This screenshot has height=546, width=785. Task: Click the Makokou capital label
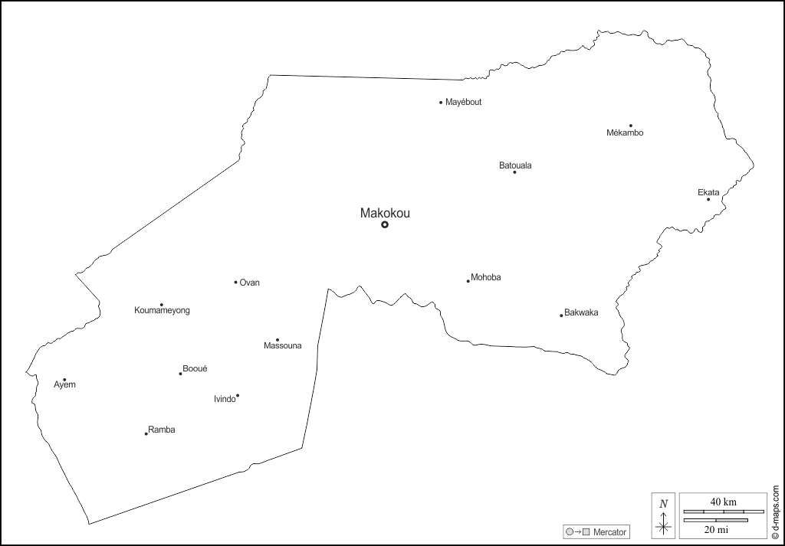click(x=385, y=214)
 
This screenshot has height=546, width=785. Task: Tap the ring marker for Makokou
click(x=385, y=224)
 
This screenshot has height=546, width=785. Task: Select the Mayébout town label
click(x=464, y=102)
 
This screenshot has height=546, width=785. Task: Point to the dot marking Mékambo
click(x=631, y=126)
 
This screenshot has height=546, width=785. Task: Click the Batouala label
click(x=515, y=165)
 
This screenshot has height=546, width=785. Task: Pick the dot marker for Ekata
click(x=708, y=200)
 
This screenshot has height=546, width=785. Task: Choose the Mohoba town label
click(x=486, y=277)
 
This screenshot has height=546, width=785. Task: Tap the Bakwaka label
click(x=581, y=312)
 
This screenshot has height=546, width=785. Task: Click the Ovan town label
click(x=250, y=283)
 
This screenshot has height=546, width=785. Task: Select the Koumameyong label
click(x=162, y=310)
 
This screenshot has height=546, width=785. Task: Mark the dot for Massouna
click(x=278, y=340)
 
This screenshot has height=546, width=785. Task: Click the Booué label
click(x=195, y=368)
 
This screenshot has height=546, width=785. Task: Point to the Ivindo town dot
click(x=238, y=396)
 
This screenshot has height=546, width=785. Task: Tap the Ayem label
click(x=64, y=385)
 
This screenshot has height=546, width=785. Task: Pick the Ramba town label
click(x=162, y=430)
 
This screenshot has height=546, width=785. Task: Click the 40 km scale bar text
click(x=723, y=502)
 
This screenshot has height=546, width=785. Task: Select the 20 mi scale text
click(x=716, y=528)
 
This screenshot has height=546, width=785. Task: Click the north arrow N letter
click(x=664, y=503)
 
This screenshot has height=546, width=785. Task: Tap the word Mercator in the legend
click(x=610, y=531)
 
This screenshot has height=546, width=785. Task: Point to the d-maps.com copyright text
click(x=776, y=512)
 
